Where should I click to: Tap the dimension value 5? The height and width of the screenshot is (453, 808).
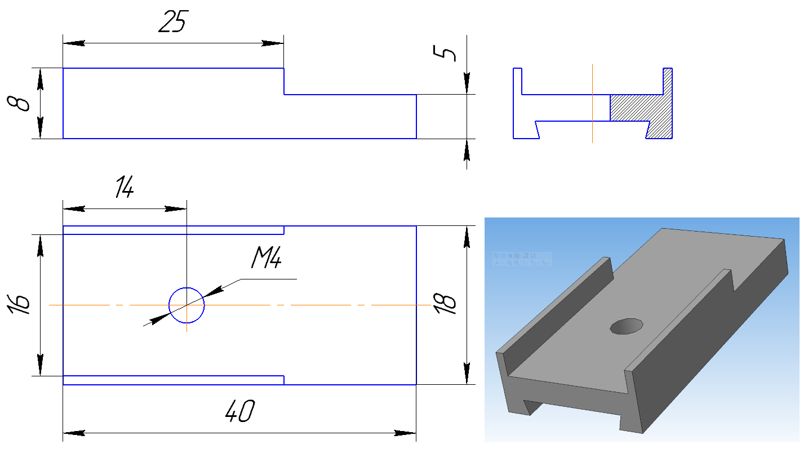[445, 54]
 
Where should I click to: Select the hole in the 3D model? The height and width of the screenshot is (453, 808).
[627, 326]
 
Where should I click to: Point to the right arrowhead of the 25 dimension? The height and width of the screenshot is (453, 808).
[273, 43]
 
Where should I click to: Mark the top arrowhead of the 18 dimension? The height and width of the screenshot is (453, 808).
[467, 237]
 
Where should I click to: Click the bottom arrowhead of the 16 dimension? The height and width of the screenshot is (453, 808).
[41, 365]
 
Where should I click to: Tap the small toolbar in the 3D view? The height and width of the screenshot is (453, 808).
[522, 259]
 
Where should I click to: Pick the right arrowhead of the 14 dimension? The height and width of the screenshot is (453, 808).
[176, 208]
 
